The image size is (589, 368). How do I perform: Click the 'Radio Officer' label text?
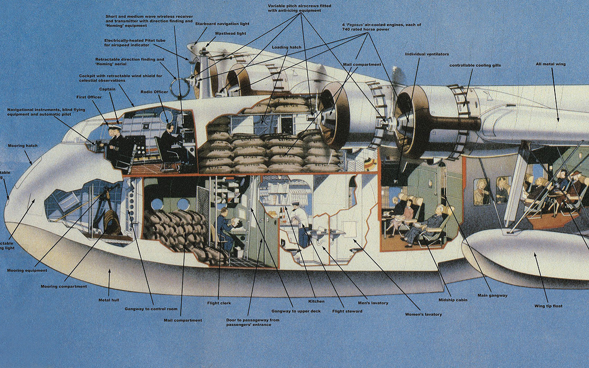coord(154,91)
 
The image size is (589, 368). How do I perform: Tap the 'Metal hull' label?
coord(109,299)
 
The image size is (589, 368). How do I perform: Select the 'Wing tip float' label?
coord(548,306)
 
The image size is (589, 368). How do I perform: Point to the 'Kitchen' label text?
coord(316,301)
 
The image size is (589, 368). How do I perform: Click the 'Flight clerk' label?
coord(219,303)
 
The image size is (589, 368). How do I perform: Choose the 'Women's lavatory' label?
coord(423,314)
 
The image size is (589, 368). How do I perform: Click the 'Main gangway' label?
coord(492,295)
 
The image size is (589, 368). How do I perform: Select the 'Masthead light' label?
coord(229,33)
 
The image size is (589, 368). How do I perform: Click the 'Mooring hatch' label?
coord(23,146)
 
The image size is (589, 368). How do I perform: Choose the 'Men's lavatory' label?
coord(373,303)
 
